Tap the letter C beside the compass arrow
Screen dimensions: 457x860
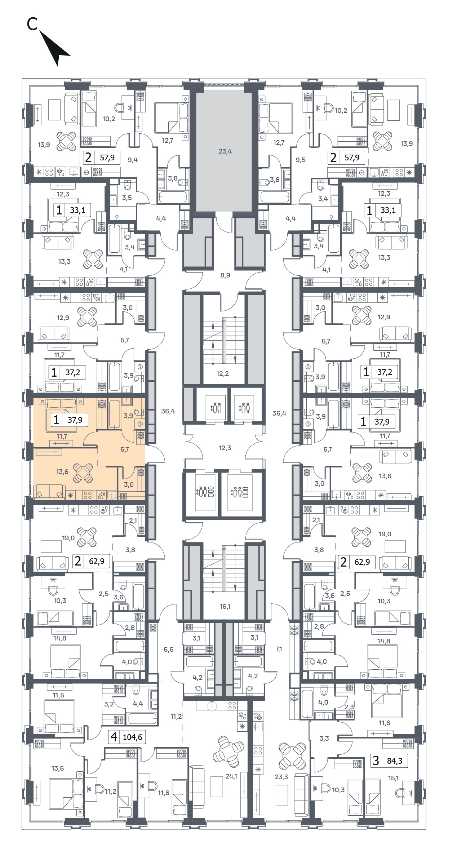pyautogui.click(x=32, y=24)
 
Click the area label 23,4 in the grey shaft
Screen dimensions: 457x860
pyautogui.click(x=225, y=151)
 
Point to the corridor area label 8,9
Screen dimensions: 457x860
pyautogui.click(x=225, y=275)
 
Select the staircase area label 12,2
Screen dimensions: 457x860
pyautogui.click(x=222, y=374)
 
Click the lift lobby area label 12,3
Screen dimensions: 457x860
pyautogui.click(x=225, y=448)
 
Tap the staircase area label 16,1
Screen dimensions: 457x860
pyautogui.click(x=225, y=607)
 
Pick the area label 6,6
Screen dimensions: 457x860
pyautogui.click(x=168, y=650)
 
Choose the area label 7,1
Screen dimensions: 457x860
pyautogui.click(x=279, y=649)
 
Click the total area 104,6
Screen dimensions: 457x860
pyautogui.click(x=133, y=737)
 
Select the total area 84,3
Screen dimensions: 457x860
pyautogui.click(x=395, y=761)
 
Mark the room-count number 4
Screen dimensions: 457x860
pyautogui.click(x=114, y=737)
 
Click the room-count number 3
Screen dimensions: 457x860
pyautogui.click(x=376, y=761)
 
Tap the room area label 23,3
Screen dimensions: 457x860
pyautogui.click(x=281, y=777)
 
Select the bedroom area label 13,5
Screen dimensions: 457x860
pyautogui.click(x=57, y=768)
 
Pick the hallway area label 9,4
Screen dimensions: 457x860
pyautogui.click(x=133, y=160)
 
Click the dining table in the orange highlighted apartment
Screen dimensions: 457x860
pyautogui.click(x=83, y=473)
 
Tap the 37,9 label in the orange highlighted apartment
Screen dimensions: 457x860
pyautogui.click(x=75, y=420)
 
